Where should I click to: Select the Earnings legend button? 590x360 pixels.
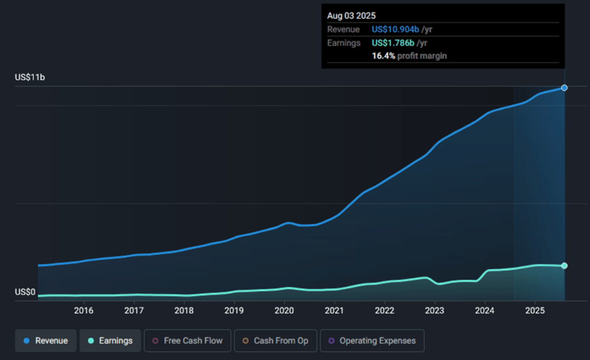tap(110, 340)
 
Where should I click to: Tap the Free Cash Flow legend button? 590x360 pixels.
tap(187, 340)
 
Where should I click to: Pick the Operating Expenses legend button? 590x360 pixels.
tap(371, 340)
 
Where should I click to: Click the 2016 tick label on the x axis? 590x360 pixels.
tap(84, 310)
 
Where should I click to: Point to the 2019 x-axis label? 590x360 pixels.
tap(234, 310)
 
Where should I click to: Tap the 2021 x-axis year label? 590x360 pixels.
tap(335, 310)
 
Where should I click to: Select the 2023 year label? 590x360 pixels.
tap(435, 310)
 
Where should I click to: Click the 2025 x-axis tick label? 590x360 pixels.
tap(535, 310)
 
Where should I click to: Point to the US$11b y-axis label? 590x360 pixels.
tap(30, 77)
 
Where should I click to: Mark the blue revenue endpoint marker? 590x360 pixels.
tap(564, 88)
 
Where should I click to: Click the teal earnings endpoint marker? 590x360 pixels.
tap(564, 265)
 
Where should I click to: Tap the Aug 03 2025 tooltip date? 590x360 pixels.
tap(351, 16)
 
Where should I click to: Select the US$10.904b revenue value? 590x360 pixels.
tap(395, 29)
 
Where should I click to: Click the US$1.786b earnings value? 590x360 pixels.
tap(393, 43)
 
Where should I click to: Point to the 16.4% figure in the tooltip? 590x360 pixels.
tap(384, 56)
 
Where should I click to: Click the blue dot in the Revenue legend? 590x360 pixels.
tap(27, 341)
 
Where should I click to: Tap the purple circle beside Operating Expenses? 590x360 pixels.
tap(331, 341)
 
